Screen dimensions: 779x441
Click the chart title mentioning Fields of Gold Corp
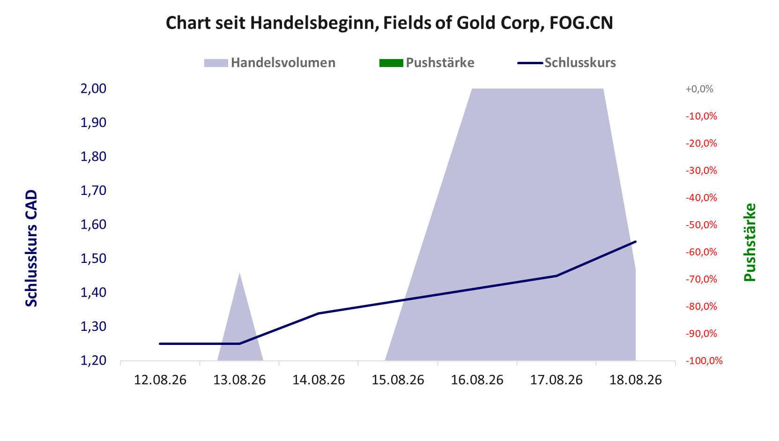[x=389, y=23]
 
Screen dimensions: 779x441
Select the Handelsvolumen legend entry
[x=269, y=63]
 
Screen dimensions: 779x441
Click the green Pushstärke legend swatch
[x=391, y=63]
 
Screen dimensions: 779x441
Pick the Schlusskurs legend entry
[x=566, y=63]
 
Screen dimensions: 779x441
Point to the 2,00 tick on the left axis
[x=93, y=89]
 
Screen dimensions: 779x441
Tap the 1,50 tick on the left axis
[x=93, y=259]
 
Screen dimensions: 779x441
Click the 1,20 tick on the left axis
[x=93, y=360]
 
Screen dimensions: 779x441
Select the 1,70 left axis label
[x=93, y=191]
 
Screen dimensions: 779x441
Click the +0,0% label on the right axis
[x=699, y=89]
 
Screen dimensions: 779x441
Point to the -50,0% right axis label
[x=701, y=225]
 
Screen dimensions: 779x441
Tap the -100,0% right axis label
[x=704, y=361]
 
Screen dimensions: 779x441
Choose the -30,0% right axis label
[x=701, y=171]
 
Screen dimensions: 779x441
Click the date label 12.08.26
[x=160, y=380]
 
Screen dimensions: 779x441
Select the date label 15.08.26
[x=398, y=380]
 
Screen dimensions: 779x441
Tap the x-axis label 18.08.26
[x=635, y=380]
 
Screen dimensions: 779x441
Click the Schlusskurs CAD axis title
[x=31, y=248]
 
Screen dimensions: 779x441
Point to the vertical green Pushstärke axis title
[x=750, y=242]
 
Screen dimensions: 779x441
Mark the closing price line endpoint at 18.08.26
[x=635, y=241]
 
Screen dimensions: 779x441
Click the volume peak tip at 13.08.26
[x=239, y=273]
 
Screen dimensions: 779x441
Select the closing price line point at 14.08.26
[x=319, y=313]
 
